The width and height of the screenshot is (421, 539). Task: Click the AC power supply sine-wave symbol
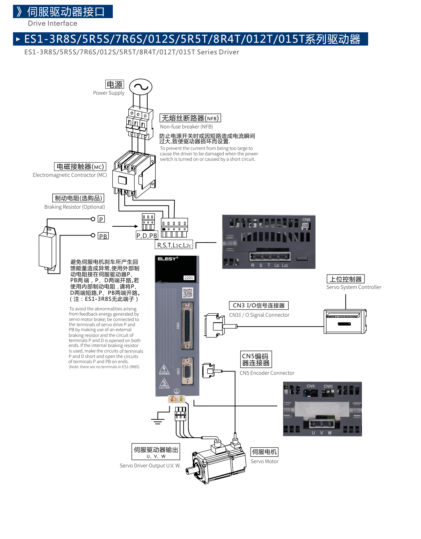[x=141, y=87]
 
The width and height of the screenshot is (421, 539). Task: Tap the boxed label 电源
[x=115, y=84]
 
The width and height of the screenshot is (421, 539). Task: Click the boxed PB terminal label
[x=103, y=236]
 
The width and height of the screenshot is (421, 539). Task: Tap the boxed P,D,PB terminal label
[x=146, y=236]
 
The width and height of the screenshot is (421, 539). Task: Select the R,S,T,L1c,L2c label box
[x=174, y=245]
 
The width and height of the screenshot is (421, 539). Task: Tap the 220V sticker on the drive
[x=189, y=278]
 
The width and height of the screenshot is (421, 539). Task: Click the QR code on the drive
[x=187, y=293]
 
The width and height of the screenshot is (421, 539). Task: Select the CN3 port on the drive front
[x=187, y=326]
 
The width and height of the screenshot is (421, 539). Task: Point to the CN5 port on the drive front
[x=187, y=371]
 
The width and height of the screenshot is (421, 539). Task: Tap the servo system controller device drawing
[x=345, y=321]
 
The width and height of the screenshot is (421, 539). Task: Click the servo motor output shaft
[x=190, y=470]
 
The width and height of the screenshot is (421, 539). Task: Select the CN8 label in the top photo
[x=306, y=220]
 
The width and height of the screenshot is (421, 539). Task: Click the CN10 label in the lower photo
[x=328, y=386]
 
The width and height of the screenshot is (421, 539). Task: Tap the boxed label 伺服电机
[x=264, y=452]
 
